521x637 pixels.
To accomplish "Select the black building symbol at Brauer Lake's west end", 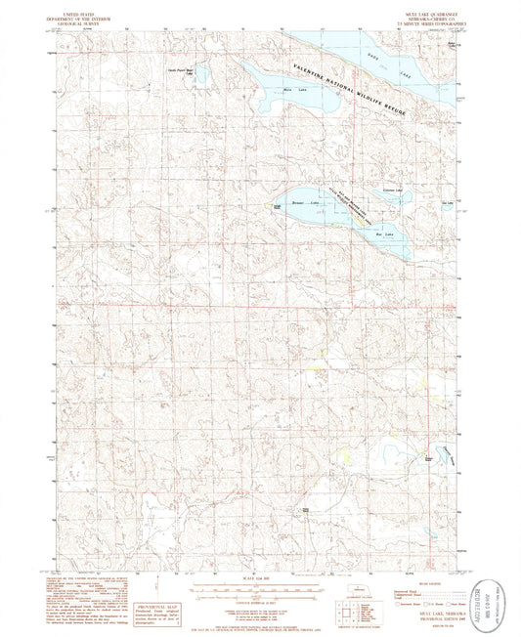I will coord(277,202).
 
